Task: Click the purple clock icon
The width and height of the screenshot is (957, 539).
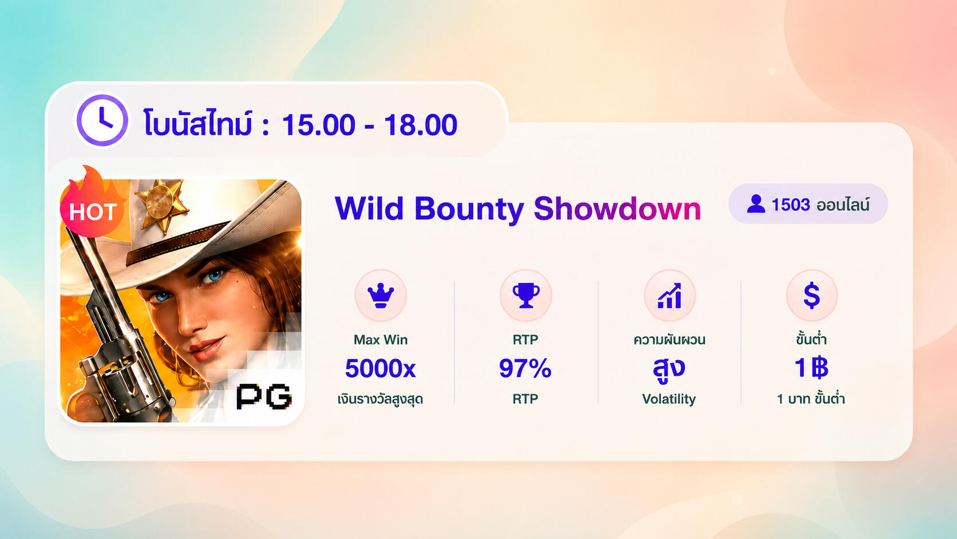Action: (x=102, y=120)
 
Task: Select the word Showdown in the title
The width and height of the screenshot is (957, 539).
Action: (x=618, y=209)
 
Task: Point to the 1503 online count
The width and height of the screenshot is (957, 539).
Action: (x=791, y=204)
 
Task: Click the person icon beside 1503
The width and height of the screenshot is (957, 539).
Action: (x=756, y=204)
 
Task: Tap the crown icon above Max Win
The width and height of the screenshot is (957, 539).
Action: (x=381, y=295)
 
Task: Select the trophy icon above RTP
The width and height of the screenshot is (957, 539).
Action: (x=525, y=296)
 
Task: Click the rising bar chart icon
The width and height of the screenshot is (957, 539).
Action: (x=670, y=296)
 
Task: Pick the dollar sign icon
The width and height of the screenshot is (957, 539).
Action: (x=812, y=296)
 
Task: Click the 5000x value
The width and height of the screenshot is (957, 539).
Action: (x=380, y=368)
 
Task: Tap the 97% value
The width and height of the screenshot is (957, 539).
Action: (x=525, y=368)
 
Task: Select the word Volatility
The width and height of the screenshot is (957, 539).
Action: (x=669, y=399)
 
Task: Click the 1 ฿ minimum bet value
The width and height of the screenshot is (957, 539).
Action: (x=811, y=368)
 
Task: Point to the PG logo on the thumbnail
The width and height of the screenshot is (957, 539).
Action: (x=264, y=396)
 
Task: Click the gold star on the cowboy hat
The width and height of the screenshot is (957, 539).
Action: (x=161, y=205)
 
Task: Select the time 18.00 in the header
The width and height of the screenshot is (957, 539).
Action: (x=420, y=125)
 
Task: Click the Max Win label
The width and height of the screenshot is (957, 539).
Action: (x=380, y=340)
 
